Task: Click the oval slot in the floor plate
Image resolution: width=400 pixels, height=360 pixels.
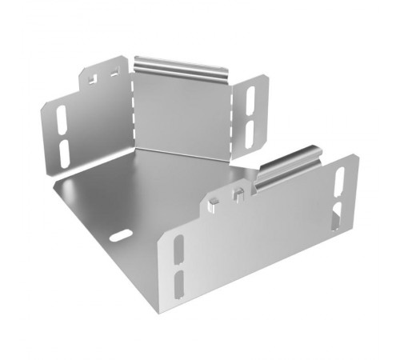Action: (x=121, y=237)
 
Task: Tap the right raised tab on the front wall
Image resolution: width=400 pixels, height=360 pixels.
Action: (x=238, y=192)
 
